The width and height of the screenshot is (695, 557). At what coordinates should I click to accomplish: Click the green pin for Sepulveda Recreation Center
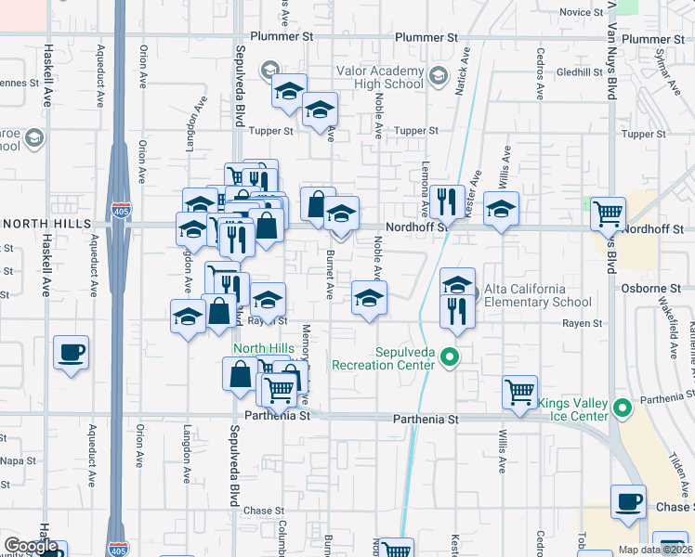450,356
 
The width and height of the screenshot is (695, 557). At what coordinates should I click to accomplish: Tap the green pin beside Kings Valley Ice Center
623,407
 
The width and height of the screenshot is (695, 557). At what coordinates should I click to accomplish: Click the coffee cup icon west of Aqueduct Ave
72,354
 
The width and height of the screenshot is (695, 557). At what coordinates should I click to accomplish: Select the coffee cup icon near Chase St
629,502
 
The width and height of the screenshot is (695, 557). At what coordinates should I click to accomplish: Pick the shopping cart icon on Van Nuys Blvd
608,214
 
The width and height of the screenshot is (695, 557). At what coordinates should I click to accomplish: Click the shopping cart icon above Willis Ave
519,392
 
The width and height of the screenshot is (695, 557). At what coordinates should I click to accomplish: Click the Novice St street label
583,12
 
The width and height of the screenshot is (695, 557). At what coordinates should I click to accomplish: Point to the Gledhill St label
582,71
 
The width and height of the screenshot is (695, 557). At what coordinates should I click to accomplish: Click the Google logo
31,547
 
